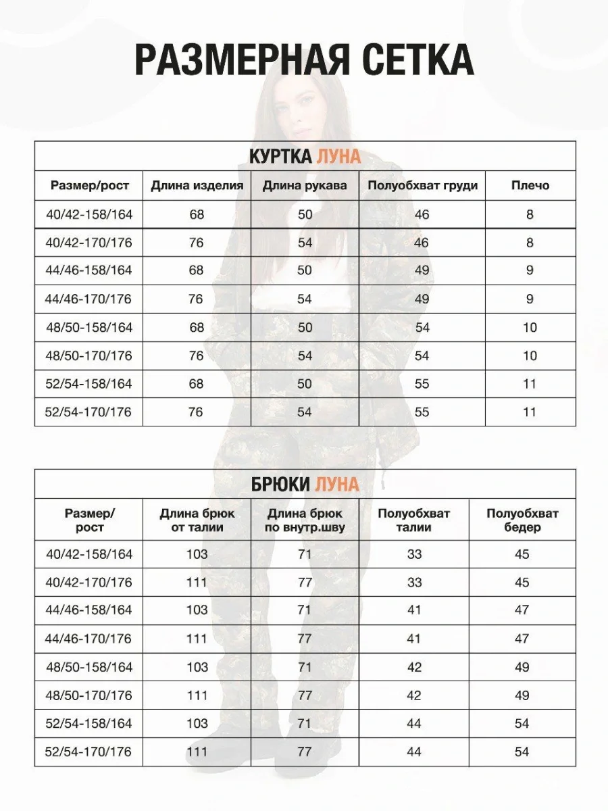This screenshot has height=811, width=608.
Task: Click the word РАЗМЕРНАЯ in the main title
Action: pos(242,60)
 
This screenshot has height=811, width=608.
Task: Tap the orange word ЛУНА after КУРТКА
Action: pos(338,157)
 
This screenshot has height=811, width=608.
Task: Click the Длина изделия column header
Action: pos(197,186)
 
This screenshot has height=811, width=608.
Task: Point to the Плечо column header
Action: pos(530,186)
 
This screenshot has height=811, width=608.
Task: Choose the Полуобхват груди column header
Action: pos(422,186)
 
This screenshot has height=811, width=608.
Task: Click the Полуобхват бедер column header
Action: pos(522,520)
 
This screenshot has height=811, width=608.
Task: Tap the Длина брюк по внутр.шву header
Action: pos(305,520)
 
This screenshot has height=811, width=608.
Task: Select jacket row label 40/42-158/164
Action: pos(90,215)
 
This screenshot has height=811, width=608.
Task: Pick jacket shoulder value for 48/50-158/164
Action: pos(530,328)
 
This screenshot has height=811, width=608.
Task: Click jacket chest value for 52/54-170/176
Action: pos(422,412)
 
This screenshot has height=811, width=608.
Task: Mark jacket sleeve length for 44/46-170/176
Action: pos(305,299)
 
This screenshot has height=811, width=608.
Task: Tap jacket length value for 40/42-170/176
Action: pos(196,243)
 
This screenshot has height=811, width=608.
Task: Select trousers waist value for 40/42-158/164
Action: pos(414,555)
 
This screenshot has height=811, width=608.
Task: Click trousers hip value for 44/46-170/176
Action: pos(522,639)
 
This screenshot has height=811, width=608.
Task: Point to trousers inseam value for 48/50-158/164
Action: pos(305,667)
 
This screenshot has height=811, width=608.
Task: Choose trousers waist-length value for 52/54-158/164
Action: pos(197,724)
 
